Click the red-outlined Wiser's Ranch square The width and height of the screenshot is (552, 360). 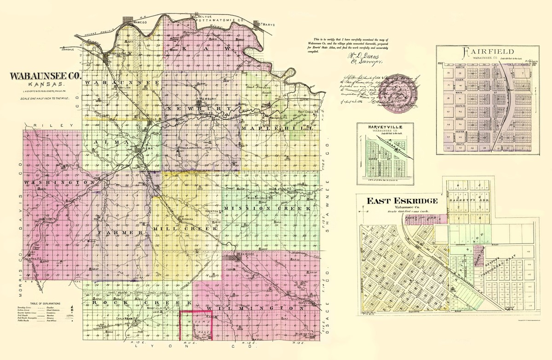point(195,325)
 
